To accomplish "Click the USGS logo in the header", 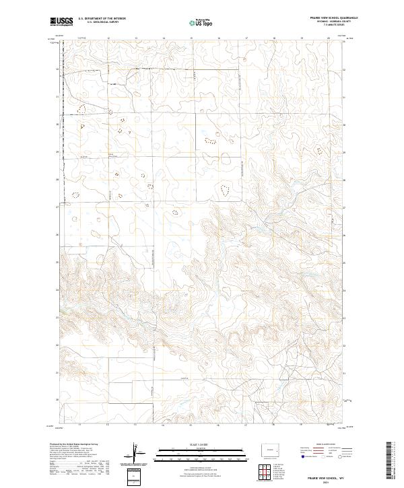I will coord(61,22).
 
